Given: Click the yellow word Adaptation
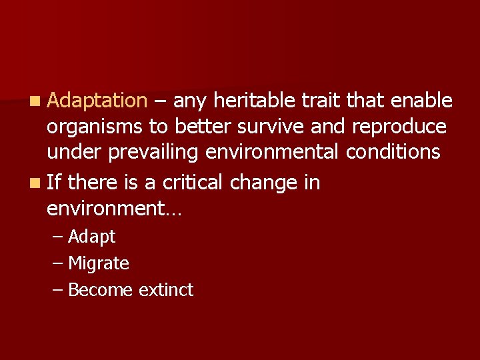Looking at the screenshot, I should (x=97, y=101).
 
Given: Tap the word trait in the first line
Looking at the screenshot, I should (x=320, y=101).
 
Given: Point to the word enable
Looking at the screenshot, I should (x=422, y=101).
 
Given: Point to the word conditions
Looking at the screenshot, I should (x=393, y=152).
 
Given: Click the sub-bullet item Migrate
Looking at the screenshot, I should (x=98, y=263).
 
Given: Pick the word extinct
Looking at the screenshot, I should (x=166, y=290).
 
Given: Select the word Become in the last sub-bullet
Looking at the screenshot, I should (x=101, y=290).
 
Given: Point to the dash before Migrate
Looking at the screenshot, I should (x=57, y=263).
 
